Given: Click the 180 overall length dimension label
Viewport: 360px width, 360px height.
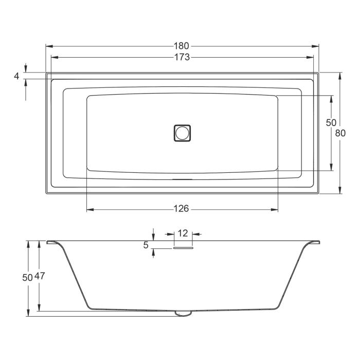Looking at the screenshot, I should tap(182, 46).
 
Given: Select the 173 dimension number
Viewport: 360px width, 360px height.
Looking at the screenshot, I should tap(182, 57).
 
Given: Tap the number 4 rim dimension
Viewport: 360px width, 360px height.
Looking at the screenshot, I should tap(16, 76).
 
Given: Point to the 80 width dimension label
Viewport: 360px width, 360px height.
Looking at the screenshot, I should tap(340, 133).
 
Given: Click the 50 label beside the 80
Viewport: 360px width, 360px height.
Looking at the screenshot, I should tap(331, 123).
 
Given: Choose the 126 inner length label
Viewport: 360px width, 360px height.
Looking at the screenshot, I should tap(182, 208).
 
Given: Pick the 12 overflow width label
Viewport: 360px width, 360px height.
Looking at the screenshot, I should tap(183, 233).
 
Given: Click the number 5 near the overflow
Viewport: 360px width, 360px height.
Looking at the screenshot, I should tap(146, 246).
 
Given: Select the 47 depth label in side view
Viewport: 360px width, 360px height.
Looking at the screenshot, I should tap(40, 276).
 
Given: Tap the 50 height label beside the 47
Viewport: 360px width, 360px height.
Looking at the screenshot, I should tap(28, 276).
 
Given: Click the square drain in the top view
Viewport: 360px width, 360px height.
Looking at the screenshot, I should tap(182, 132).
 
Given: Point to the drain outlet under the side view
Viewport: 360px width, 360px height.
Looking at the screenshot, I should tap(182, 313).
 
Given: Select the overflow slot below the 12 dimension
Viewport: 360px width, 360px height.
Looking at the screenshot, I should tap(183, 248).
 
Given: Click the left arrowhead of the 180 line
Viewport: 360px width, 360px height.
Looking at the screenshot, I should tap(48, 46).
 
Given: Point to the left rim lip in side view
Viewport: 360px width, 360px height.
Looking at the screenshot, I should tap(51, 242).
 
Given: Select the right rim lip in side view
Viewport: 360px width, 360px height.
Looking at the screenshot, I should tap(315, 242).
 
